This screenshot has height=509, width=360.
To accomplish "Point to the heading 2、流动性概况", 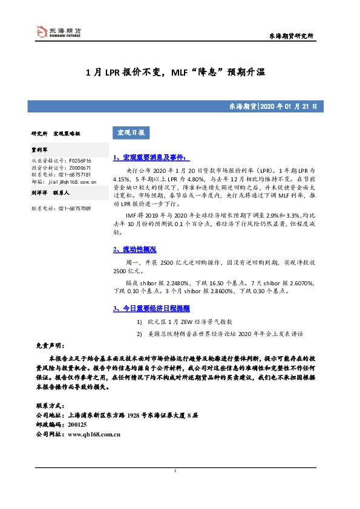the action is click(134, 249).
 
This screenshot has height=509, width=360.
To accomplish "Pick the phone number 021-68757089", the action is click(75, 208).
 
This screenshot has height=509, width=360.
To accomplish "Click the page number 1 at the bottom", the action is click(175, 472).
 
